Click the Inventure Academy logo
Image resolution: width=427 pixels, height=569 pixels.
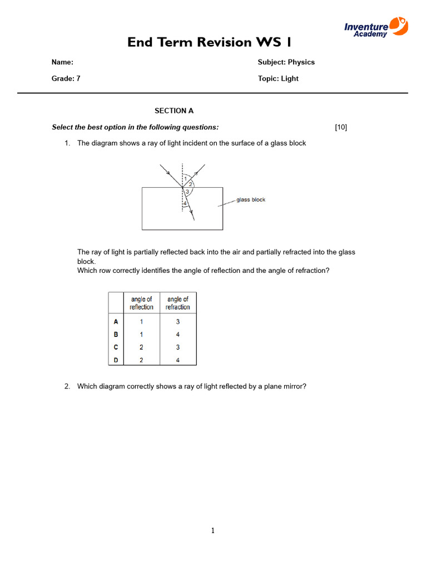coord(376,27)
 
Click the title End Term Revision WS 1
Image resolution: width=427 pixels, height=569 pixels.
coord(209,42)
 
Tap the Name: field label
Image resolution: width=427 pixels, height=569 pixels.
coord(62,62)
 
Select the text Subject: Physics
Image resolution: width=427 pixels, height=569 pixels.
coord(286,62)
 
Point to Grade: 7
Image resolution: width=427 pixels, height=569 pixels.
coord(66,78)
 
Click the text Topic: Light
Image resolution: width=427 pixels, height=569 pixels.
coord(278,78)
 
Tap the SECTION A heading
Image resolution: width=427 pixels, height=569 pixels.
coord(174,111)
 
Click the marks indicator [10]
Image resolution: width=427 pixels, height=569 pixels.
coord(341,127)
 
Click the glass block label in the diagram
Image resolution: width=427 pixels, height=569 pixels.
coord(251,200)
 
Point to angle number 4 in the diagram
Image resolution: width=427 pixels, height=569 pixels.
coord(185,204)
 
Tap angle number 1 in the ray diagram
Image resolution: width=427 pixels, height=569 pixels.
coord(185,178)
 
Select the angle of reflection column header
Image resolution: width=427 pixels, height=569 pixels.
coord(142,303)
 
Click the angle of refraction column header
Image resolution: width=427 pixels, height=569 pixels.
coord(178,303)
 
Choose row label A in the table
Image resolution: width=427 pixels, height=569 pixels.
coord(116,322)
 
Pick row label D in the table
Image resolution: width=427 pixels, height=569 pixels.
coord(116,360)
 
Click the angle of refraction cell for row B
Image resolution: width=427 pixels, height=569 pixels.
coord(178,335)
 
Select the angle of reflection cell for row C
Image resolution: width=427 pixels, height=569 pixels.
coord(142,347)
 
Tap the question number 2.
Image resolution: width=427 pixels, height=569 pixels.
coord(67,386)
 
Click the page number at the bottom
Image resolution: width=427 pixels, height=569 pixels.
coord(212,531)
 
